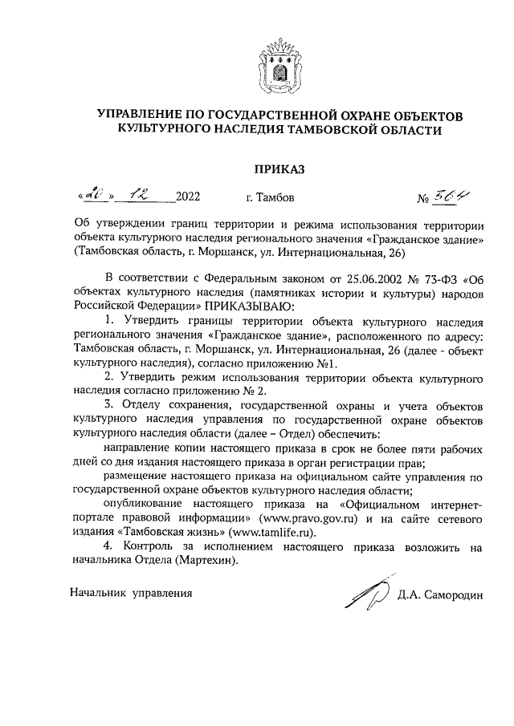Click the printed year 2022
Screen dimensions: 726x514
tap(187, 197)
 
